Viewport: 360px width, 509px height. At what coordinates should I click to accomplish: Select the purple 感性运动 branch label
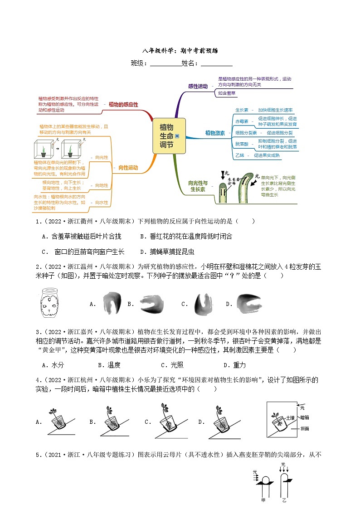click(198, 86)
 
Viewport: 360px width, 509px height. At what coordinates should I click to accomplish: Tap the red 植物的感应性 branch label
click(124, 104)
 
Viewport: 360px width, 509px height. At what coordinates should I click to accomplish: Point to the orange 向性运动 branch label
click(128, 168)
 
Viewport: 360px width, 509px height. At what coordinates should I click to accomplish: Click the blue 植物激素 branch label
click(215, 133)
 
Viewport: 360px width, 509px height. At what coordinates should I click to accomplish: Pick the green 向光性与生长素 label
click(198, 186)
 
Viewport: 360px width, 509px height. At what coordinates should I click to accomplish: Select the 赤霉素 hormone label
click(242, 121)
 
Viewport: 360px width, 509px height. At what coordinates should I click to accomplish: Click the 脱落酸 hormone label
click(242, 144)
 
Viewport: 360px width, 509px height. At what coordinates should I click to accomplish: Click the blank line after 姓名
click(216, 64)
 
